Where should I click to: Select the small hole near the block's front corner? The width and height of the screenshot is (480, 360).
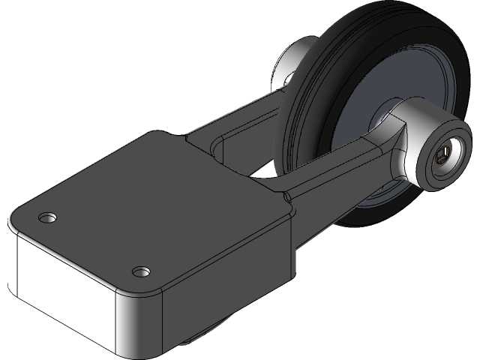[139, 270]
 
